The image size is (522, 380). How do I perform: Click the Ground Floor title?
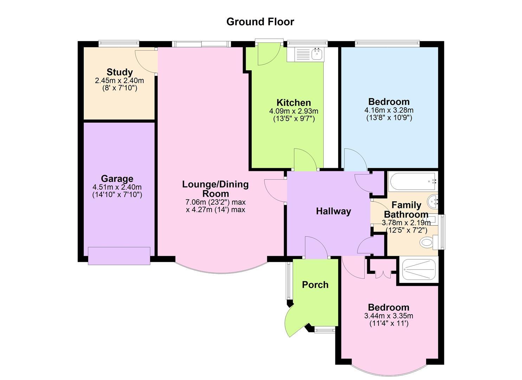[x=260, y=22]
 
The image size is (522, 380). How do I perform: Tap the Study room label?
[x=120, y=72]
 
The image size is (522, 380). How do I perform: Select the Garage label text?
[x=117, y=179]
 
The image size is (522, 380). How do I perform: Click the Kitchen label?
[x=294, y=103]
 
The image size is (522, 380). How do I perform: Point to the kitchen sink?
[x=317, y=54]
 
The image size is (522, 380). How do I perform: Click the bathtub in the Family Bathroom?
[x=412, y=181]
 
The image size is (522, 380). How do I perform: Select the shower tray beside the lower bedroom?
[x=419, y=270]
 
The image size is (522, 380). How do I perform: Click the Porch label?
[x=315, y=285]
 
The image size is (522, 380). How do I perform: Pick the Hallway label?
[x=334, y=211]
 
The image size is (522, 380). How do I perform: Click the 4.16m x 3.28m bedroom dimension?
[x=389, y=110]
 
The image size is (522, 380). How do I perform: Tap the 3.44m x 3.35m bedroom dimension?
[x=389, y=316]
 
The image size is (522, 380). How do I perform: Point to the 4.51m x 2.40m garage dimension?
[x=117, y=187]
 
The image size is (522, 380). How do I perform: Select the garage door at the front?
[x=119, y=256]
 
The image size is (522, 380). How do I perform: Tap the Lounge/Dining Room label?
[x=215, y=189]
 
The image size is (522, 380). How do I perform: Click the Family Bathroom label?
[x=406, y=209]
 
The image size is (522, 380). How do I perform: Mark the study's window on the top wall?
[x=118, y=43]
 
